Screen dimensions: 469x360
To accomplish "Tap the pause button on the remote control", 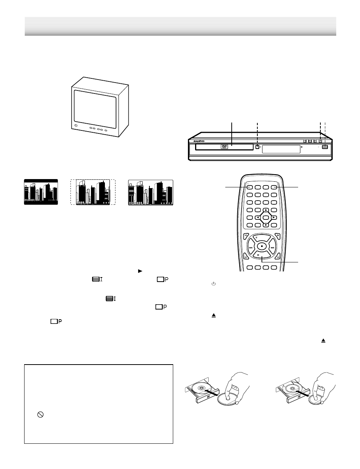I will click(257, 238).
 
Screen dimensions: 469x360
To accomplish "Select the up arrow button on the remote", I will click(266, 210).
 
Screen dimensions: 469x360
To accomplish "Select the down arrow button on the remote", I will click(266, 225).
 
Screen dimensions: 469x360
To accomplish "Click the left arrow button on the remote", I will click(258, 218).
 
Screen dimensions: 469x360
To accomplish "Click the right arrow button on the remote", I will click(274, 218).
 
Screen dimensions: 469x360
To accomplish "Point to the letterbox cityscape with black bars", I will click(41, 192).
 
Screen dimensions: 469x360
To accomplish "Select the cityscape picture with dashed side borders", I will click(93, 192).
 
